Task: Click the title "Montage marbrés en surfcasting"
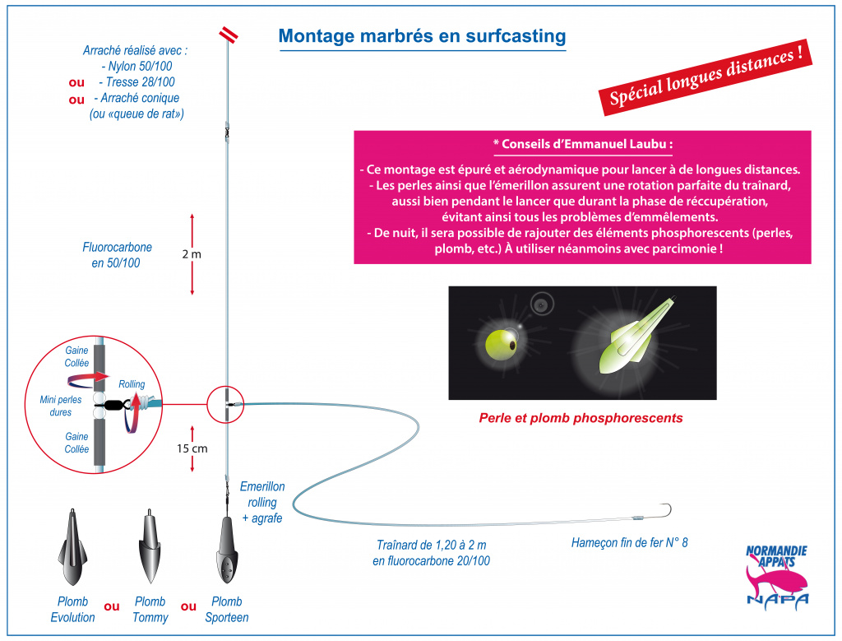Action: (x=422, y=36)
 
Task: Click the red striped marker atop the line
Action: (x=229, y=35)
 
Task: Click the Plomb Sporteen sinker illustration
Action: (x=228, y=550)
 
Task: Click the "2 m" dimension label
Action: (x=191, y=254)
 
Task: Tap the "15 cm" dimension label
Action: (x=192, y=448)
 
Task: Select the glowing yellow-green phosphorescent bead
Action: (x=502, y=345)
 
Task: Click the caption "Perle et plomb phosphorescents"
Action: (x=581, y=418)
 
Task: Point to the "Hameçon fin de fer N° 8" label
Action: (x=629, y=543)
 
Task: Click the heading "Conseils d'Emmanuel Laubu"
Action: (x=583, y=144)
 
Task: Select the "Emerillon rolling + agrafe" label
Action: (x=262, y=503)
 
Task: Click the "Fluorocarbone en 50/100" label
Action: (x=117, y=255)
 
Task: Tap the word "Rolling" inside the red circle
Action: (x=132, y=384)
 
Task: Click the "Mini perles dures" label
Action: (x=61, y=406)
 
